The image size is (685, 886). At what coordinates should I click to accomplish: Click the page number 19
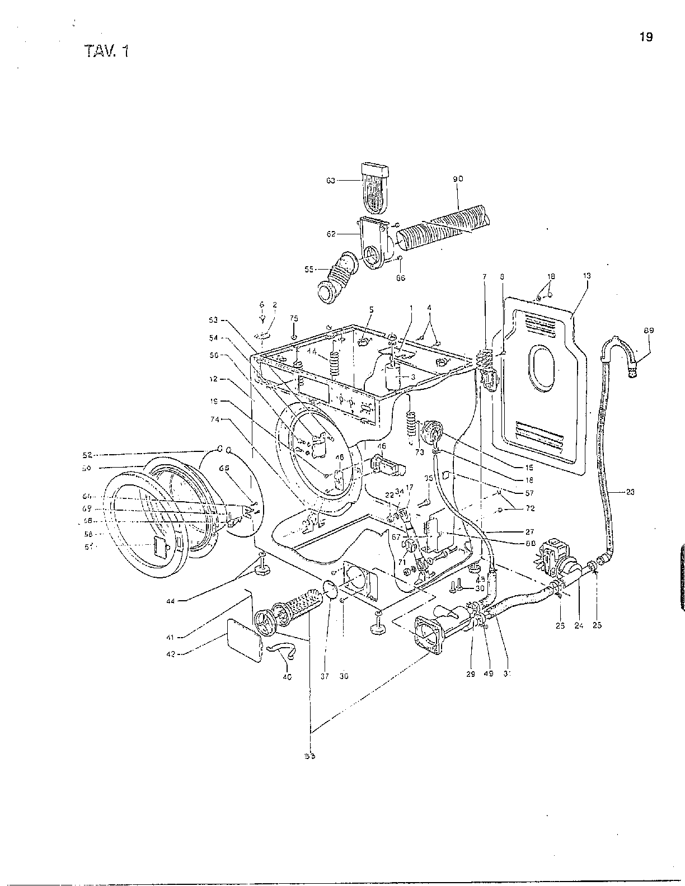click(646, 37)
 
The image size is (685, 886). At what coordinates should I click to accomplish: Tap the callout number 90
click(458, 179)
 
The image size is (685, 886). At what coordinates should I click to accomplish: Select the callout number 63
click(330, 180)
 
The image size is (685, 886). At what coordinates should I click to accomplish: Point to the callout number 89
click(649, 331)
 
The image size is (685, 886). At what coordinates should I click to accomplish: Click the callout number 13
click(587, 276)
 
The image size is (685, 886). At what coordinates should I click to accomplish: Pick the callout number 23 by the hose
click(630, 492)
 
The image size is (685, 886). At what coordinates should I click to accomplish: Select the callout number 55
click(308, 269)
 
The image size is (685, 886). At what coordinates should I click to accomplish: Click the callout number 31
click(507, 673)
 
